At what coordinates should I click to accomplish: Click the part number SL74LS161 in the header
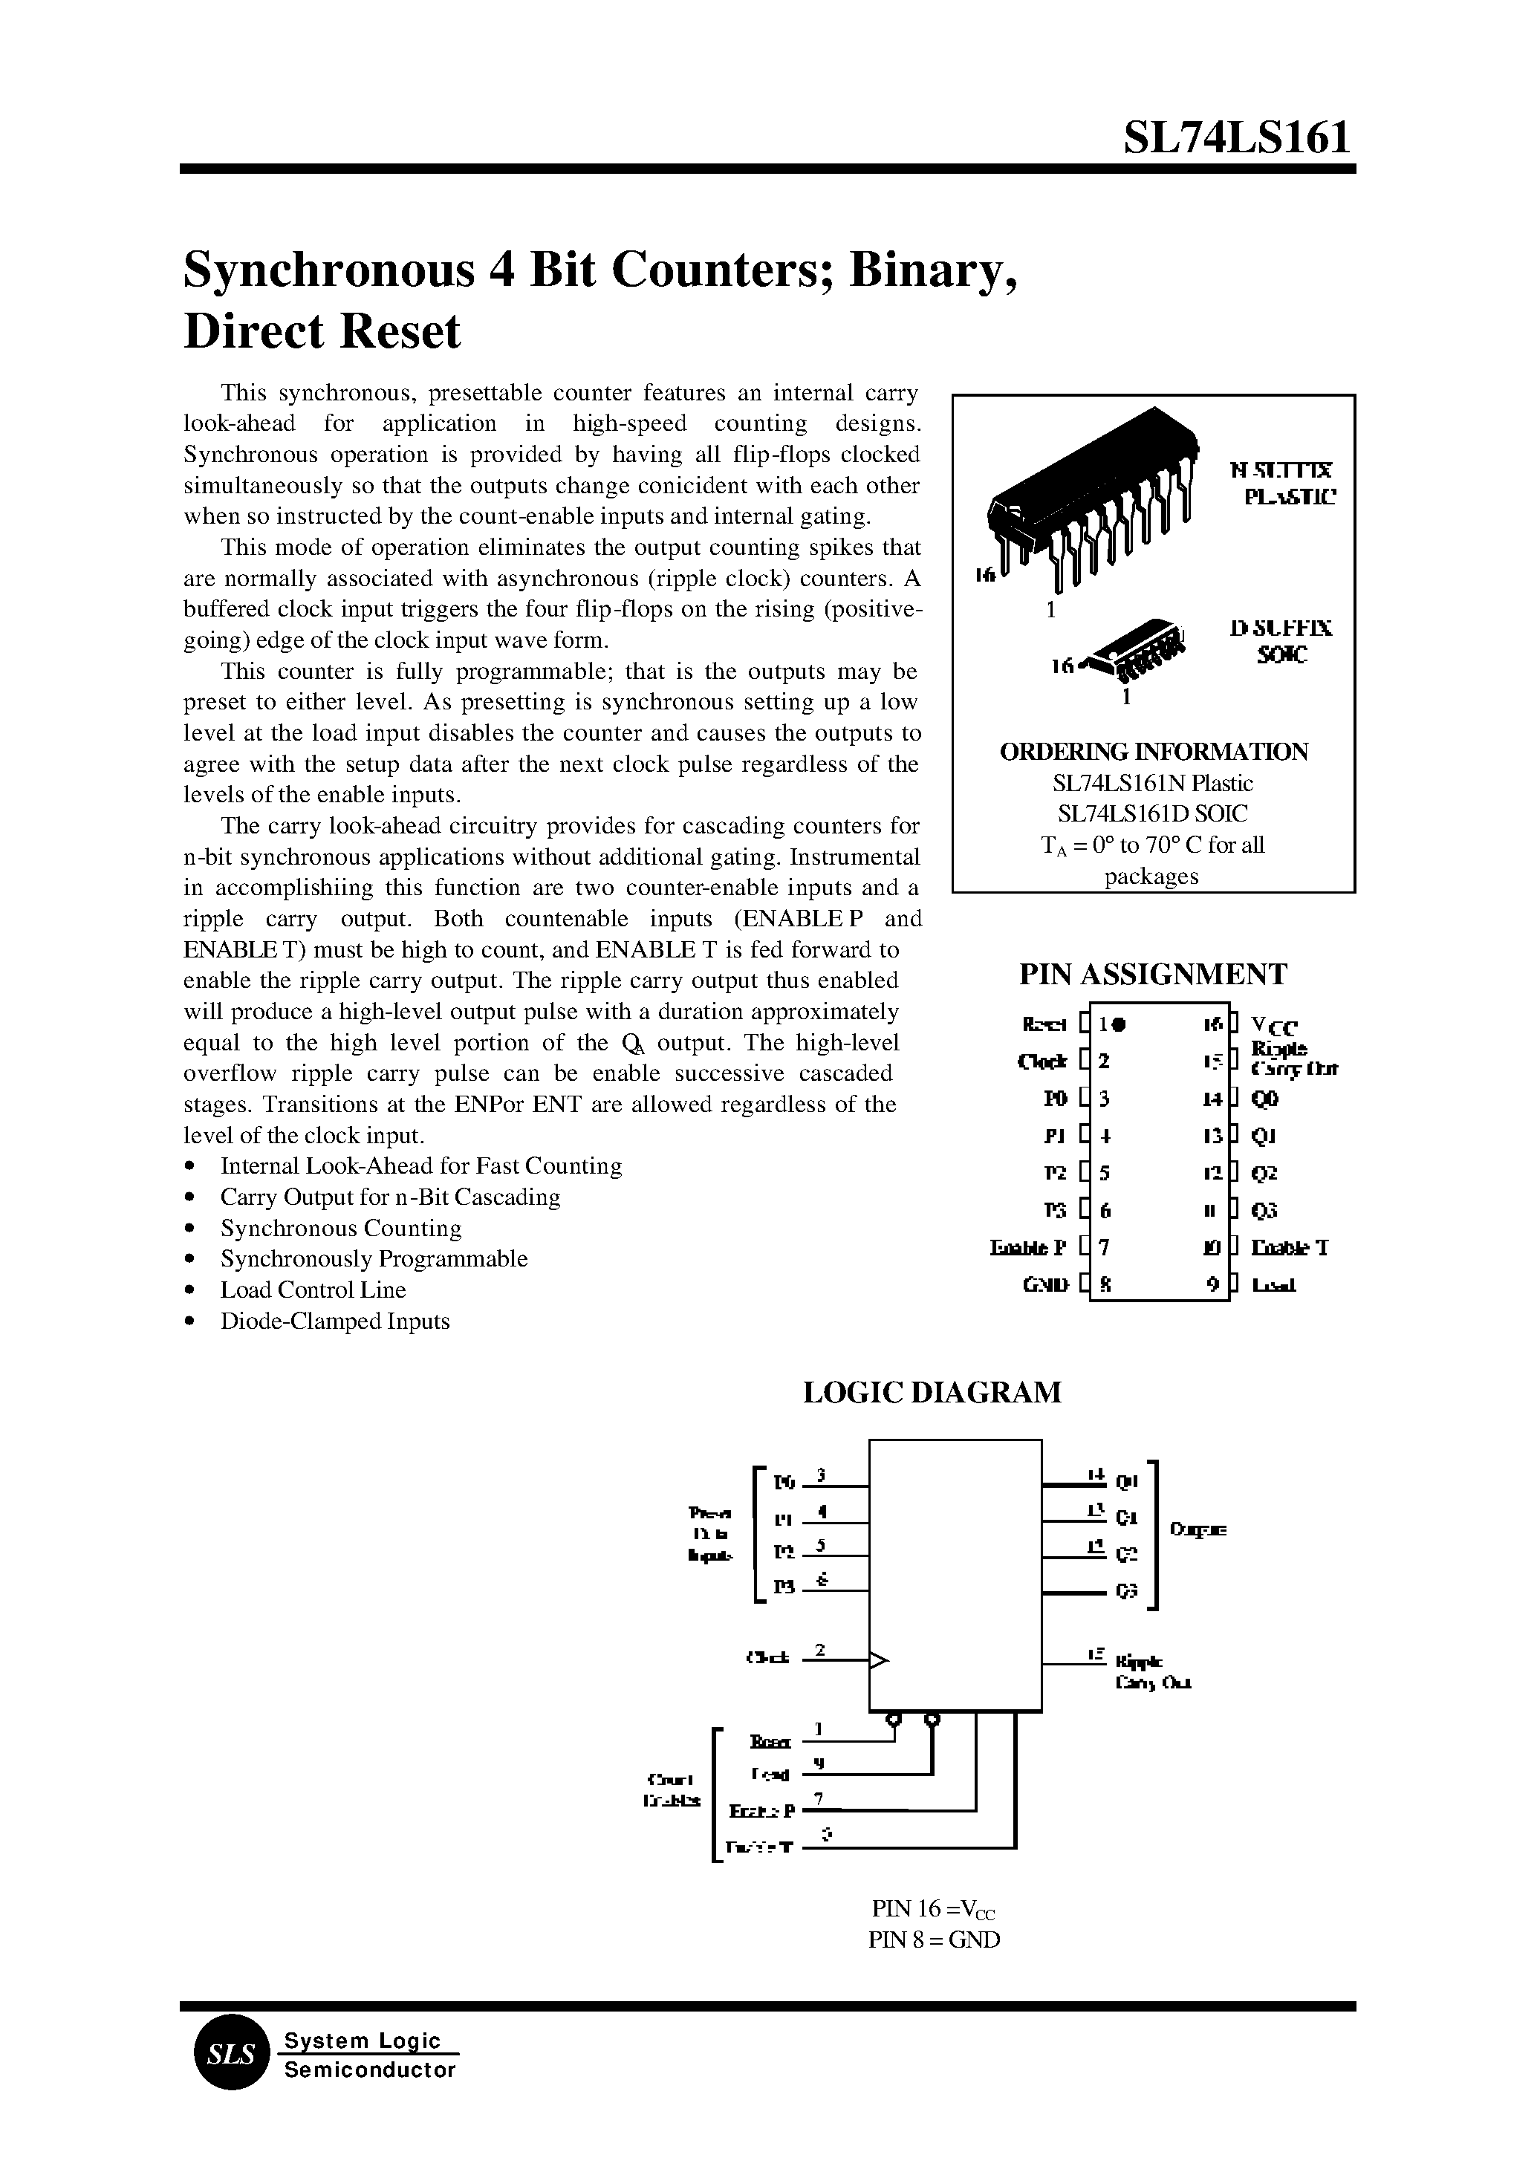tap(1235, 138)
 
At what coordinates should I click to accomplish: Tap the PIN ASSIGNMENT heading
tap(1153, 974)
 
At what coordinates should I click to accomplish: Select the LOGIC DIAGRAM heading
tap(932, 1392)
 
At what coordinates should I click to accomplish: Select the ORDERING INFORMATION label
tap(1154, 752)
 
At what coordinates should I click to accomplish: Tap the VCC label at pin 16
tap(1274, 1026)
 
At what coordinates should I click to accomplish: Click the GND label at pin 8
tap(1045, 1285)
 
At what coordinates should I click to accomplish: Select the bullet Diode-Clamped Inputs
tap(334, 1321)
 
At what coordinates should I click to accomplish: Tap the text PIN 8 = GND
tap(933, 1939)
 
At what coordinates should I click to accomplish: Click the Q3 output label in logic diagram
tap(1126, 1592)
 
